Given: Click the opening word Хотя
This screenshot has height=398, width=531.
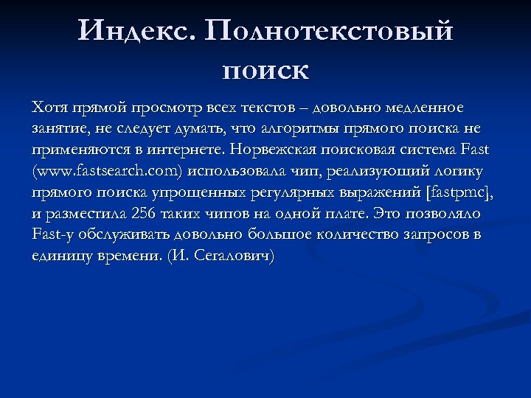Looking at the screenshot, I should coord(49,108).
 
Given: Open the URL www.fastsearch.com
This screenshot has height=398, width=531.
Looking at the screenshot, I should coord(108,171).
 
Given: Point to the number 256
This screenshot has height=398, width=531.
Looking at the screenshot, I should coord(145,214).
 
